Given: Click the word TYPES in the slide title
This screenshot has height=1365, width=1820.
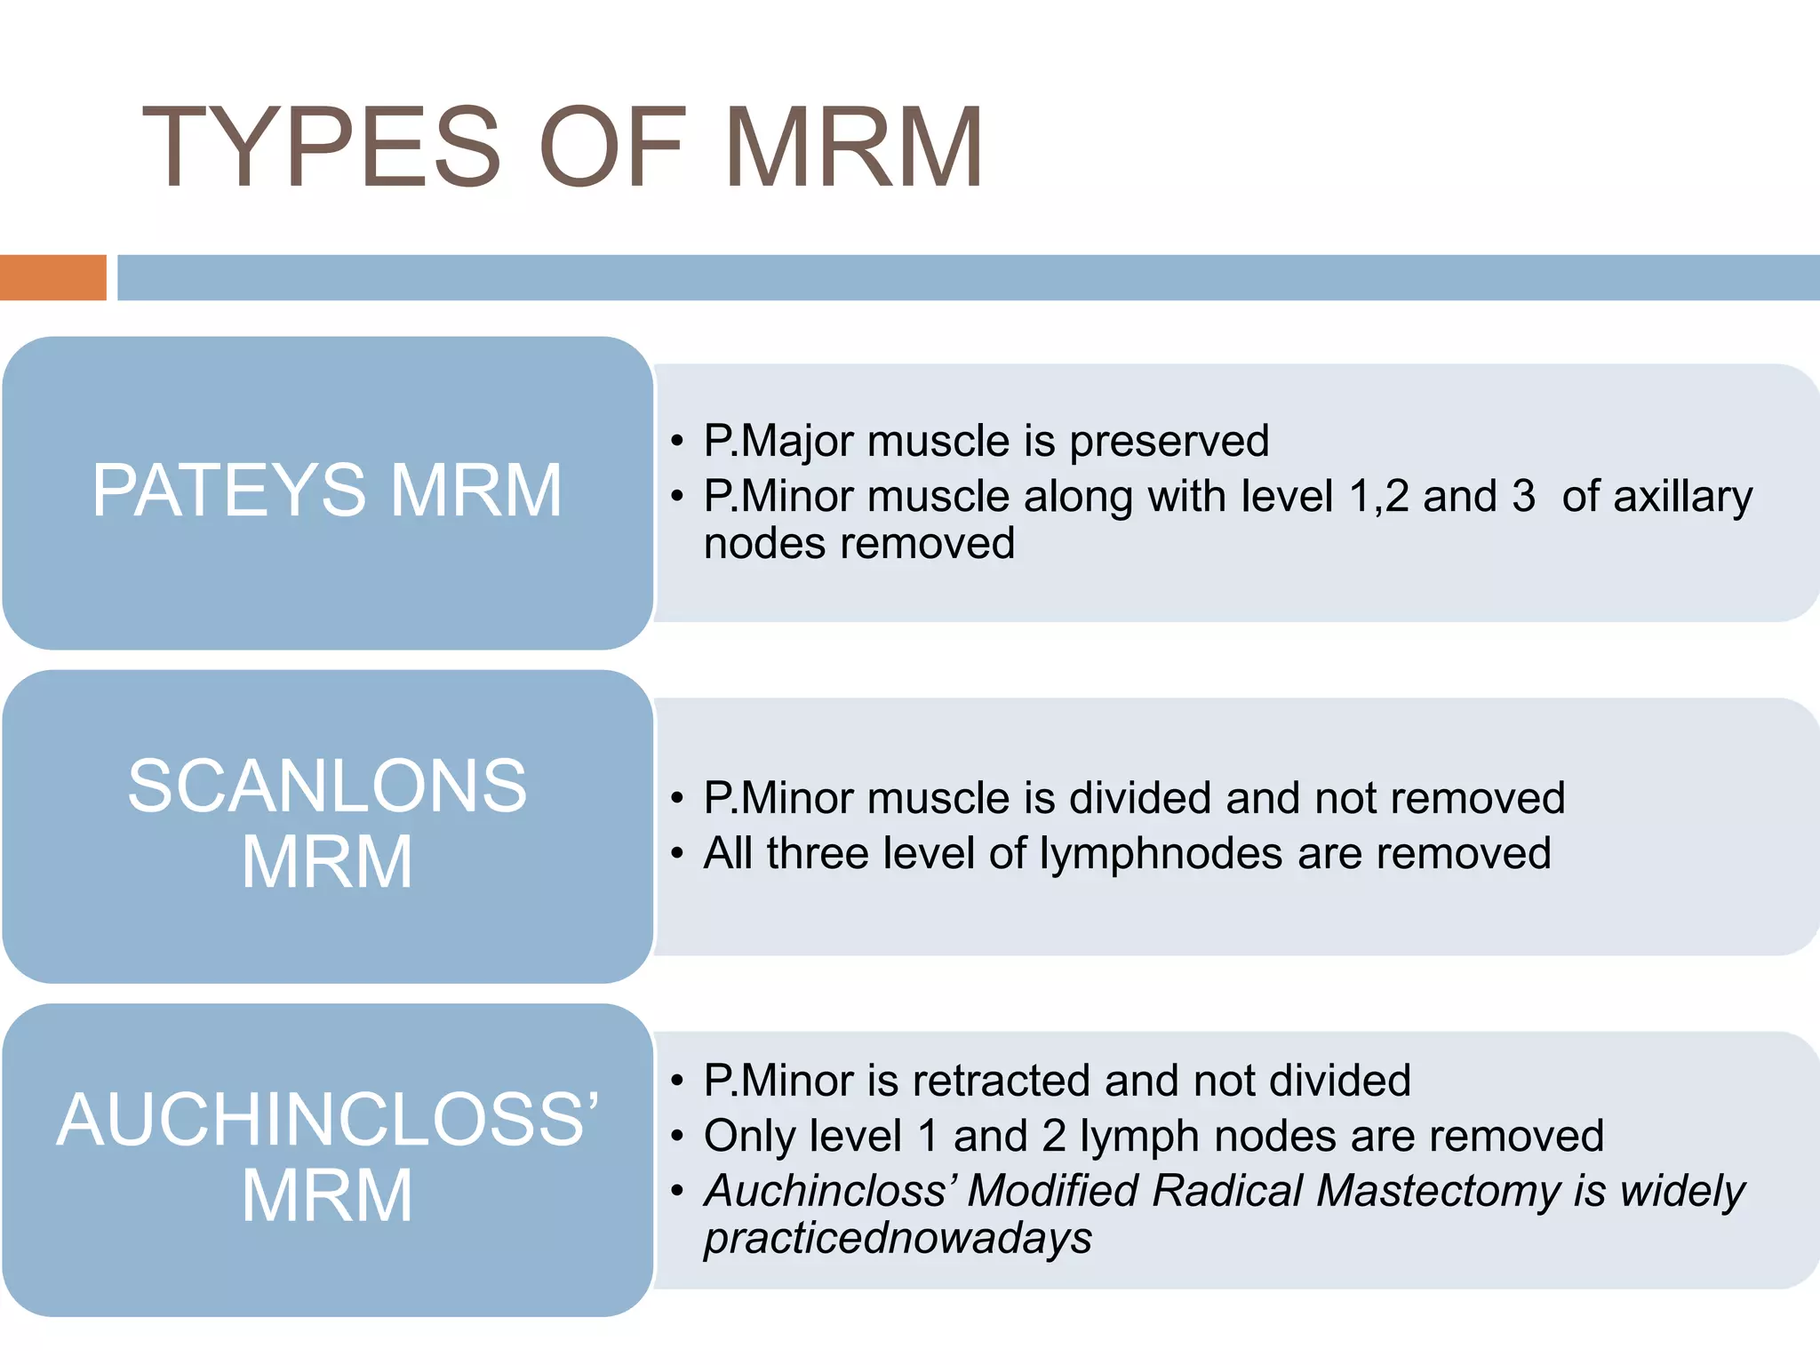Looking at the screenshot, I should (322, 148).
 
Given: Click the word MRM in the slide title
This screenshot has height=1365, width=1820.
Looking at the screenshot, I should (853, 148).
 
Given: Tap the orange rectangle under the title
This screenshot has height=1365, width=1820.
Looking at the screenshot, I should (52, 277).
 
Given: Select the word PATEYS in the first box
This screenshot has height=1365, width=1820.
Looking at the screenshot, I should (228, 491).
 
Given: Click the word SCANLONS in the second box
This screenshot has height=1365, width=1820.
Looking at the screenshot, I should (327, 786).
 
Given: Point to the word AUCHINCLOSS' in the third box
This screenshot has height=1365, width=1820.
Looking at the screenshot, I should (327, 1120).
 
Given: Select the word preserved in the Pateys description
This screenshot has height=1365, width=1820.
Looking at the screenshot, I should (1169, 442).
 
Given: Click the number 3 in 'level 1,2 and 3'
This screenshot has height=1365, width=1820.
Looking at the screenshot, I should (1523, 496).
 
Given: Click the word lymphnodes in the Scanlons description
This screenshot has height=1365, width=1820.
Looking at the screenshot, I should (1161, 854).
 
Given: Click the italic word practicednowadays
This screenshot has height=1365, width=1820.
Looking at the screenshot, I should (898, 1239).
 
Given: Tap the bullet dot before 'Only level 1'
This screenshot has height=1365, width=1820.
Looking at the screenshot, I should (678, 1137).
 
